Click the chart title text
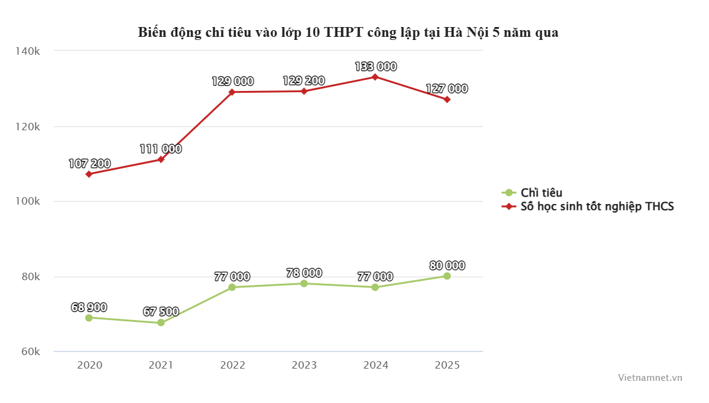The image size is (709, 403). tap(348, 33)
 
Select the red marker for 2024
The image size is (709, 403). tap(375, 77)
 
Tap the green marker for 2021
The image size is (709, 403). tap(161, 323)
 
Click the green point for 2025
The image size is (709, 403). tap(447, 276)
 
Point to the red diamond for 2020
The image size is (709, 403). tap(89, 174)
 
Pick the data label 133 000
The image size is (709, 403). tap(375, 66)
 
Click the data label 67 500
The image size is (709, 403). tap(161, 311)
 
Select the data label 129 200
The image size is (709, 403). tap(303, 80)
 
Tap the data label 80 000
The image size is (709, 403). tap(447, 265)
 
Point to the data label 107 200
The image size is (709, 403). tap(89, 163)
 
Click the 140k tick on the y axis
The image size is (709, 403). tap(28, 51)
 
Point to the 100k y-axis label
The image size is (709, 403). tap(28, 202)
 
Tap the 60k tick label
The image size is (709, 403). tap(30, 352)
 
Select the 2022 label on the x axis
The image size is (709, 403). tap(233, 365)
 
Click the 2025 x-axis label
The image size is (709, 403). tap(447, 365)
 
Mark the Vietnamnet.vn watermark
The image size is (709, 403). tap(650, 378)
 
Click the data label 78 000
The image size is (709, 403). tap(303, 273)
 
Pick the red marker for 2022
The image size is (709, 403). tap(232, 92)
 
